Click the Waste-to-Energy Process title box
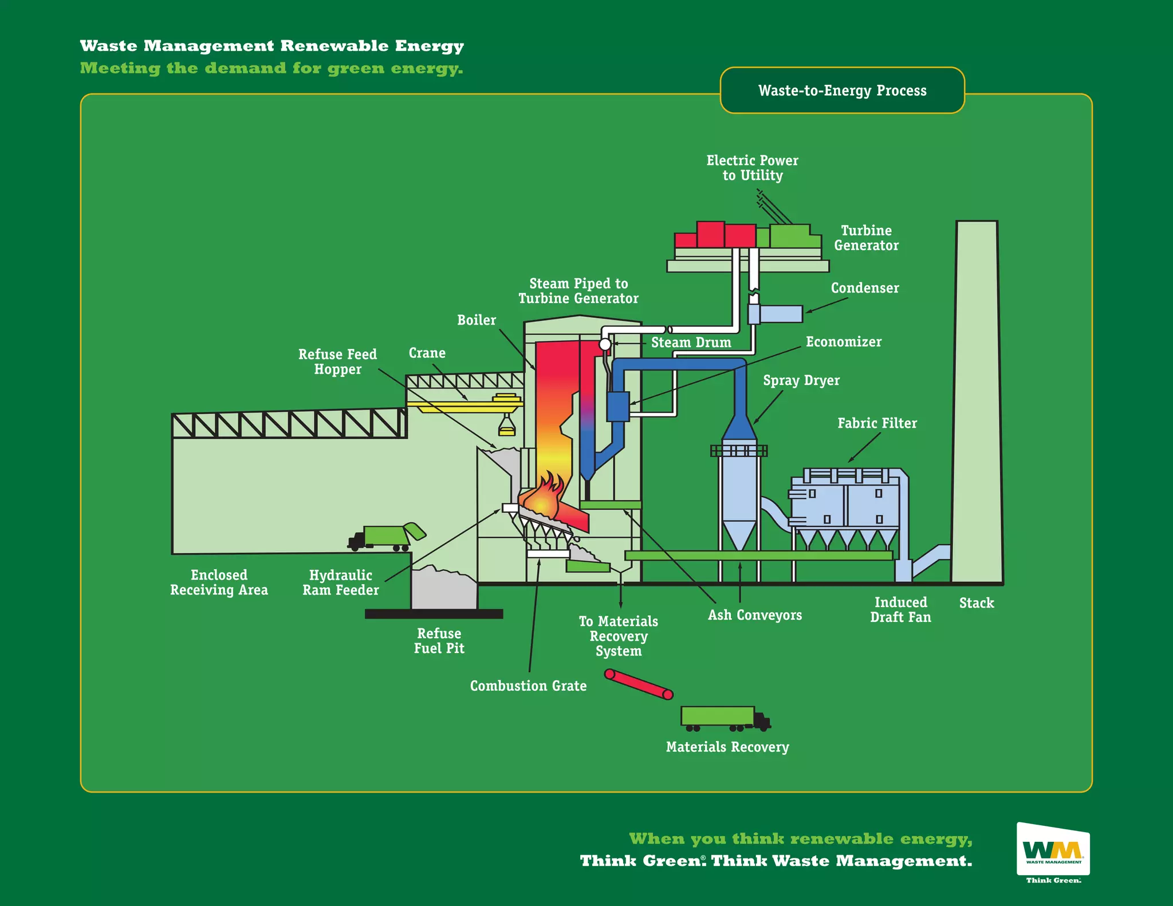coord(842,90)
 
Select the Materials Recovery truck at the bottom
coord(724,718)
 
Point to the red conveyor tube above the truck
coord(639,684)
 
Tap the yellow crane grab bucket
coord(506,427)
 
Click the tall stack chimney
coord(977,401)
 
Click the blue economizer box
coord(618,406)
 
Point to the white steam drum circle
coord(605,345)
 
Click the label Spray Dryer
coord(801,380)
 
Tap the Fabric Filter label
coord(877,423)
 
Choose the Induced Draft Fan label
coord(900,609)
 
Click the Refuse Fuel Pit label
coord(439,641)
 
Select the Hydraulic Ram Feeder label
coord(341,582)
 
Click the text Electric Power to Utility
coord(752,168)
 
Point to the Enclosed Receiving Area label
coord(219,582)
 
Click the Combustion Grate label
coord(528,686)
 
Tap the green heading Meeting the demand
coord(271,68)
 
